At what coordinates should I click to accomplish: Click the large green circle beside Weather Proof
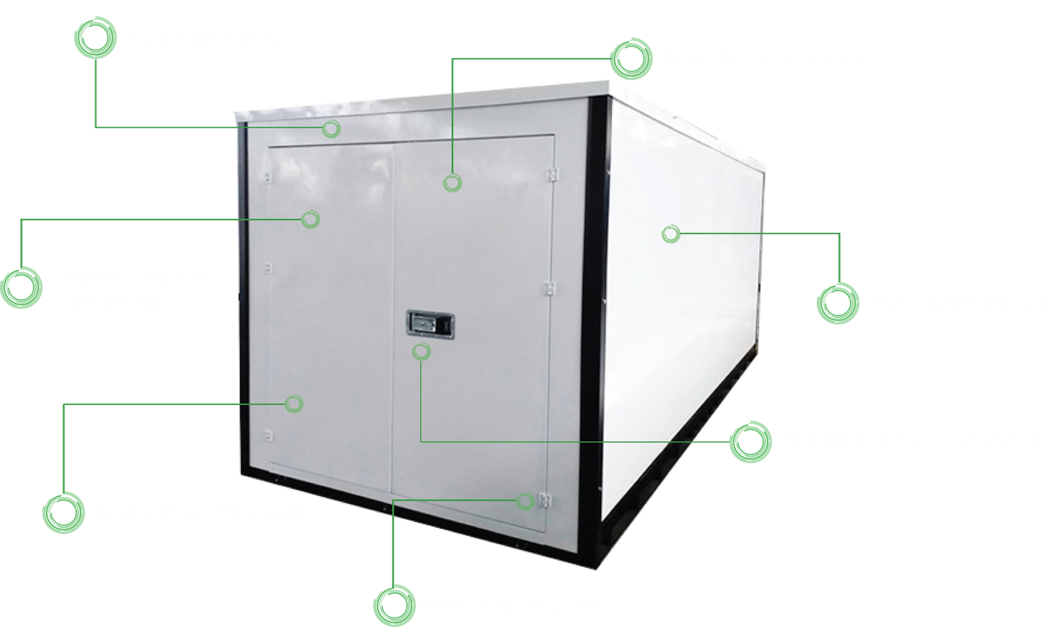(x=95, y=39)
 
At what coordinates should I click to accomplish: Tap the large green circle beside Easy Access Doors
(x=632, y=60)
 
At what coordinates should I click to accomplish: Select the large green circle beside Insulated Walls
(x=838, y=303)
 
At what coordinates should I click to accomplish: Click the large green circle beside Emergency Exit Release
(x=750, y=442)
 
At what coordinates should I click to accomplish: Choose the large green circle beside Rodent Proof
(x=22, y=286)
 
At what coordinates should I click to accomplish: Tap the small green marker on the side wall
(x=671, y=234)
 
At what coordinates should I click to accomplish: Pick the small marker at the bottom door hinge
(x=526, y=501)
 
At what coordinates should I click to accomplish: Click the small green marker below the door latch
(x=421, y=352)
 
